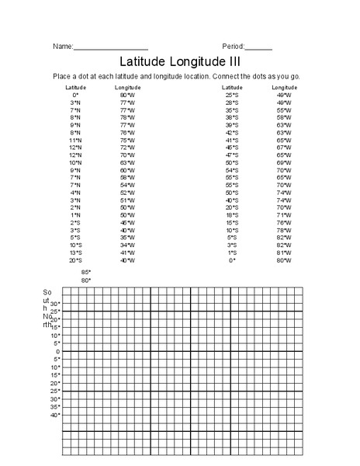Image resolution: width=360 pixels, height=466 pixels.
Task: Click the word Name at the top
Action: click(62, 47)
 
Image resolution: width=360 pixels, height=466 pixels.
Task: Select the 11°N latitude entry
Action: click(75, 139)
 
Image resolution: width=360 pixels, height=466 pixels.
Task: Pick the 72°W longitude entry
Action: click(127, 147)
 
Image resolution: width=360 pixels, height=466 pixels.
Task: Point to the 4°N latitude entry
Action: click(75, 192)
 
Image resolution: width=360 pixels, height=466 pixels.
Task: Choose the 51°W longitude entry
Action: click(127, 200)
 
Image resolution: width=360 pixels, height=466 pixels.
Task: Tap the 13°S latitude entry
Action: click(75, 252)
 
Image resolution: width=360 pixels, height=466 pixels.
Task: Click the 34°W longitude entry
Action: click(127, 245)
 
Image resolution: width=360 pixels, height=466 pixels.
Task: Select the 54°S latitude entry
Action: click(231, 169)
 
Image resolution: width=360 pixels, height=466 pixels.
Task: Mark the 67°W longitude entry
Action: click(283, 147)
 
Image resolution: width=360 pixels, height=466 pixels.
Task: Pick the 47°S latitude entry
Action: click(231, 155)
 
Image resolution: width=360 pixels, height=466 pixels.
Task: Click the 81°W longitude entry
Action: click(283, 252)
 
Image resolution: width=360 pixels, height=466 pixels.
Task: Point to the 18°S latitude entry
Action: click(231, 214)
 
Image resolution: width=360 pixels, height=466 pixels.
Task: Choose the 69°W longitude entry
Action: click(283, 162)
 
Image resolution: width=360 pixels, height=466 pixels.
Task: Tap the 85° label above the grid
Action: click(86, 273)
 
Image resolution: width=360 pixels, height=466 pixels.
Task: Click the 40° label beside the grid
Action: click(55, 415)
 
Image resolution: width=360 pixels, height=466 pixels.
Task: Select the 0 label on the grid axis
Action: click(57, 351)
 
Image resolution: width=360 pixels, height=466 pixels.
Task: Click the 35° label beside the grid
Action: click(55, 407)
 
